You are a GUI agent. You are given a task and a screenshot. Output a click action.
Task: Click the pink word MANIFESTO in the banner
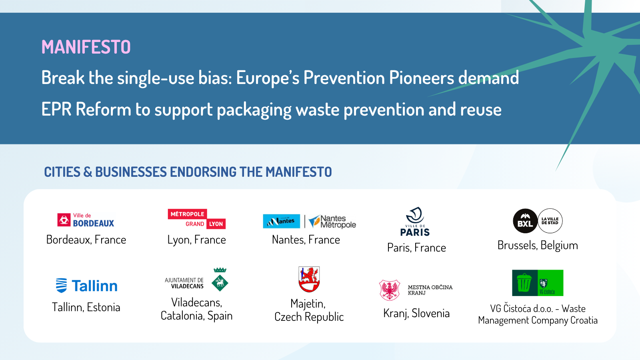pyautogui.click(x=86, y=47)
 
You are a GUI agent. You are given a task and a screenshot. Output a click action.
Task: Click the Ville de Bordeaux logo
pyautogui.click(x=86, y=220)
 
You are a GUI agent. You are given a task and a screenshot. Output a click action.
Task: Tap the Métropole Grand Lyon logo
pyautogui.click(x=196, y=219)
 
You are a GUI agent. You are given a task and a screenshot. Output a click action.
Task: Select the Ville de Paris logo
pyautogui.click(x=415, y=222)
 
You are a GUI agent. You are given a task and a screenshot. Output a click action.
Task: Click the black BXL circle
pyautogui.click(x=525, y=221)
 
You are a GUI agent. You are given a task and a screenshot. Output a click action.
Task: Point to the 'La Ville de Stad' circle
pyautogui.click(x=550, y=221)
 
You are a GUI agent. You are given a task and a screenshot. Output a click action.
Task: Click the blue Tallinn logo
pyautogui.click(x=86, y=286)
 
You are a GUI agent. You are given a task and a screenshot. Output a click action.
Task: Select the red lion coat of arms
pyautogui.click(x=309, y=279)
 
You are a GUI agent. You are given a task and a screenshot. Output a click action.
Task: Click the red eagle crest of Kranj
pyautogui.click(x=389, y=290)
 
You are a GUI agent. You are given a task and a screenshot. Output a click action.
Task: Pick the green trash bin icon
pyautogui.click(x=524, y=283)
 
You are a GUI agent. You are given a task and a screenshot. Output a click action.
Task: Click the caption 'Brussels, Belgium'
pyautogui.click(x=538, y=246)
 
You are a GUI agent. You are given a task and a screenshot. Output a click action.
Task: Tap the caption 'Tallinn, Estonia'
pyautogui.click(x=86, y=308)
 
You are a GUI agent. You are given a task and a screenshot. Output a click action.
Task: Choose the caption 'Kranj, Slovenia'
pyautogui.click(x=416, y=314)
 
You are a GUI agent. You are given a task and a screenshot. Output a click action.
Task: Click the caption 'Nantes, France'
pyautogui.click(x=306, y=240)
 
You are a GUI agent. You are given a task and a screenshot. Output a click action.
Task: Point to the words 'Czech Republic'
pyautogui.click(x=309, y=317)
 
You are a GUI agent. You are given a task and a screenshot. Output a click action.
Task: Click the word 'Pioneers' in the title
pyautogui.click(x=422, y=78)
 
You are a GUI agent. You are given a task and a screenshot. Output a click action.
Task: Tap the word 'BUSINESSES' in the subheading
pyautogui.click(x=131, y=172)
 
